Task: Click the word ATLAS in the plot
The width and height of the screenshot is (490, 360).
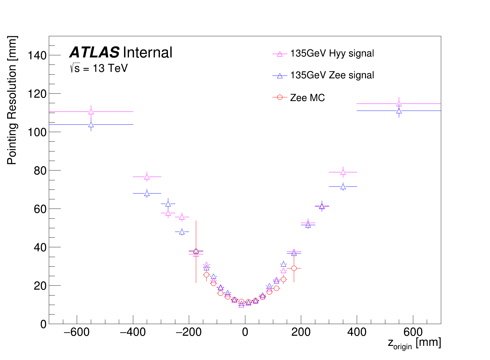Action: [x=94, y=53]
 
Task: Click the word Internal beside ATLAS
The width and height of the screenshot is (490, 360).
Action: [x=147, y=53]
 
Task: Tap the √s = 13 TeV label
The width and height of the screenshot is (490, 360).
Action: [x=99, y=68]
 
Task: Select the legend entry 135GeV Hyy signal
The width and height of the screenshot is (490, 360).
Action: [x=332, y=53]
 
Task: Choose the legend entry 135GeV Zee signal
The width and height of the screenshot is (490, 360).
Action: [x=332, y=75]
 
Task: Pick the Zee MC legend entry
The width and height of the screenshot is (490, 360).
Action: [x=307, y=98]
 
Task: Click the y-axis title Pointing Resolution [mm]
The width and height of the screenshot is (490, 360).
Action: [x=12, y=100]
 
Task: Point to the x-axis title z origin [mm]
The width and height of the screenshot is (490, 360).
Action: [x=414, y=343]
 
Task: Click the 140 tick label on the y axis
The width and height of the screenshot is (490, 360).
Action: [x=37, y=56]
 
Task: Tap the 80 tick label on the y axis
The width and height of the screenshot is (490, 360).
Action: [x=40, y=171]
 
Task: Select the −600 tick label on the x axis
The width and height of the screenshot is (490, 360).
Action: [x=77, y=332]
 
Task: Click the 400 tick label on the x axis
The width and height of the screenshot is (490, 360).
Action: [x=357, y=332]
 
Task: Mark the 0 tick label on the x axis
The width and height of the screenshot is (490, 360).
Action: [x=245, y=332]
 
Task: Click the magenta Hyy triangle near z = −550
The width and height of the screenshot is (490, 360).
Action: [x=91, y=112]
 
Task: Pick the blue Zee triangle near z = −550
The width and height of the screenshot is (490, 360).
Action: [x=91, y=125]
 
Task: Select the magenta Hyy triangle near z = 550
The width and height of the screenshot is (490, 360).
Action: [x=399, y=104]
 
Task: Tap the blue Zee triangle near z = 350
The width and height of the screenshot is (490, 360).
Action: [x=343, y=187]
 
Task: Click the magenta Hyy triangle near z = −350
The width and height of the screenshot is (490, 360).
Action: [x=147, y=177]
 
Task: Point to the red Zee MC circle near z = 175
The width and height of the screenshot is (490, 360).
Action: [x=294, y=268]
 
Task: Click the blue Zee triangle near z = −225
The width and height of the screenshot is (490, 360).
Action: [x=182, y=232]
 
